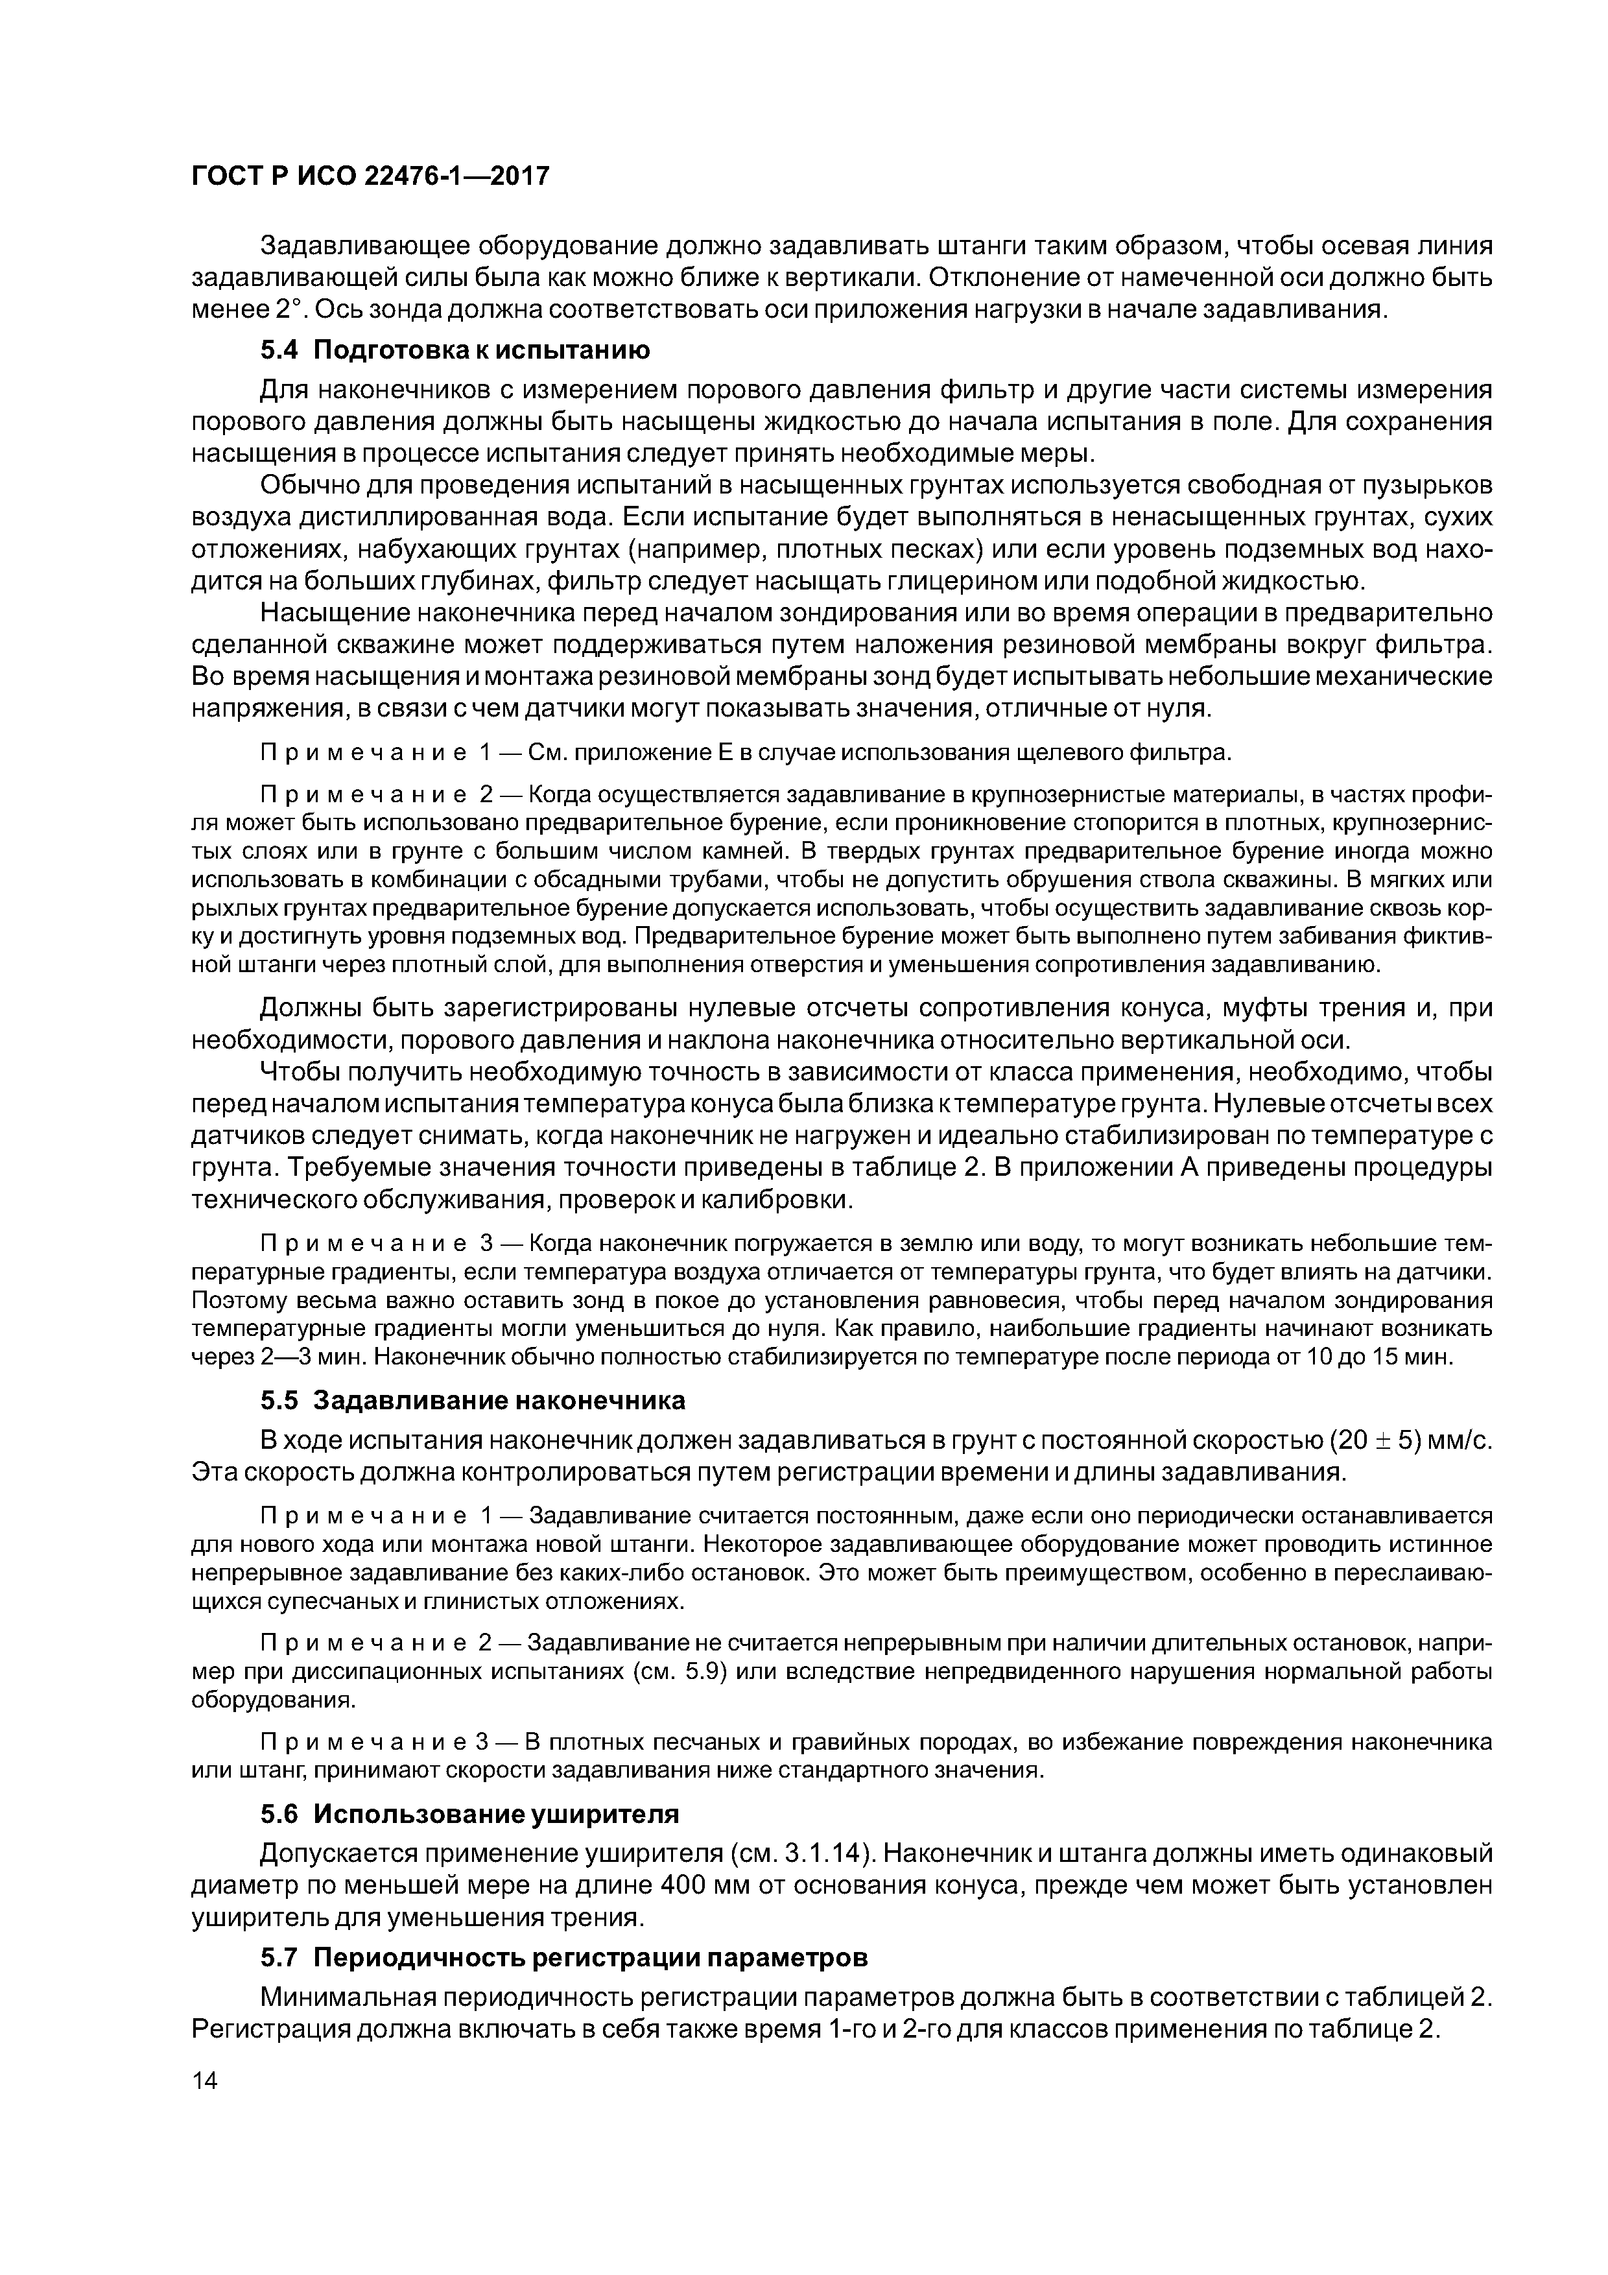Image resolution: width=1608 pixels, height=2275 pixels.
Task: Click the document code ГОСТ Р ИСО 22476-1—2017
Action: point(370,176)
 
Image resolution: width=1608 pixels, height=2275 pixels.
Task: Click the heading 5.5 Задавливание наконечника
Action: point(473,1400)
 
